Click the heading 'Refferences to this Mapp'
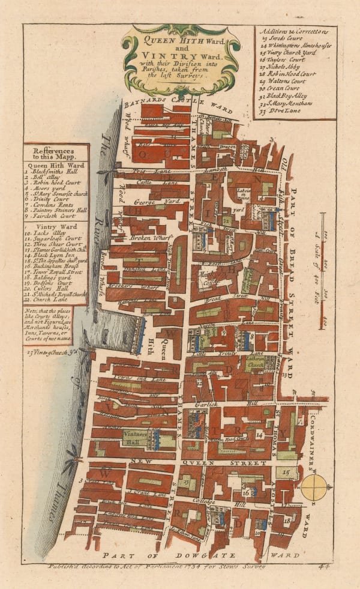(x=55, y=154)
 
